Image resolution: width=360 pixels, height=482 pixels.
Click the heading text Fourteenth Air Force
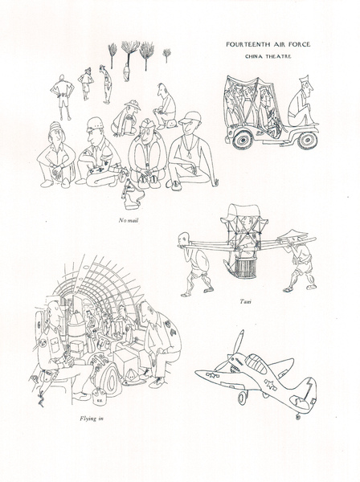coord(268,44)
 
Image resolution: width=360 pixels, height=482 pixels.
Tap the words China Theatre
coord(268,56)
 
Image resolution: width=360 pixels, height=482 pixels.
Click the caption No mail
coord(129,220)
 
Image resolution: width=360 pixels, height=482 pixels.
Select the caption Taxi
coord(246,301)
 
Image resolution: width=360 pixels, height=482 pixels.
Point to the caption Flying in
coord(92,419)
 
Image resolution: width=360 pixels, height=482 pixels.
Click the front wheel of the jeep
coord(307,140)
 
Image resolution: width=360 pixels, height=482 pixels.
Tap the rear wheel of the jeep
coord(242,140)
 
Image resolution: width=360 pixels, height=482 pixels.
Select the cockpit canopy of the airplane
coord(256,364)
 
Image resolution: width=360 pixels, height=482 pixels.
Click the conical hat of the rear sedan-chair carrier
coord(292,235)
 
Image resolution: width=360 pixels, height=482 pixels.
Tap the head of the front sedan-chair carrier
coord(183,239)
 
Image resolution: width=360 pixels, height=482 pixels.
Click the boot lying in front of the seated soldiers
coord(133,196)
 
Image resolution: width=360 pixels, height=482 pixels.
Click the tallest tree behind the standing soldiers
coord(129,55)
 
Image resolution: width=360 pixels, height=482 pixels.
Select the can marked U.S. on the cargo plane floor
coord(99,398)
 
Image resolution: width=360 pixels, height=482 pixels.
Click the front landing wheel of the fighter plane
coord(243,398)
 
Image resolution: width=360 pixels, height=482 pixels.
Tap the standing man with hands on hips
coord(63,97)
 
